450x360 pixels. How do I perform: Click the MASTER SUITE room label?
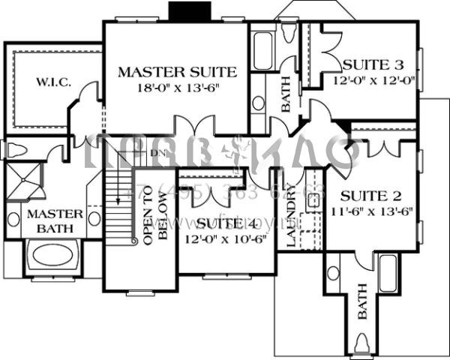coord(178,72)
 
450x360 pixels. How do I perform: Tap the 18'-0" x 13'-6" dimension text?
coord(178,88)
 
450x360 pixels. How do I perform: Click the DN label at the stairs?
coord(155,154)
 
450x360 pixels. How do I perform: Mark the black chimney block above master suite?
coord(182,11)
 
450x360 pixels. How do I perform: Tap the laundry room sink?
coord(314,201)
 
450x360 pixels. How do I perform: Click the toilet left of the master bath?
coord(13,148)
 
